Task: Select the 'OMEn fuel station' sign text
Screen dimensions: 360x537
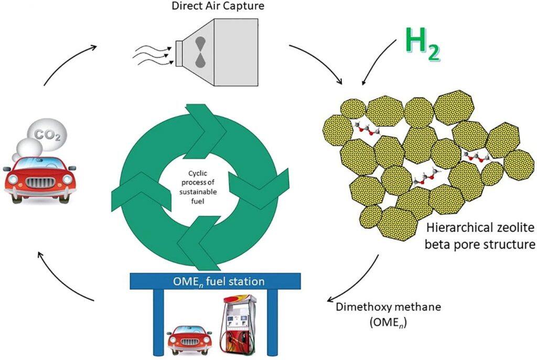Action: [x=219, y=281]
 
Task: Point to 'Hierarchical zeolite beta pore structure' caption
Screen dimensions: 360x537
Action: [x=480, y=237]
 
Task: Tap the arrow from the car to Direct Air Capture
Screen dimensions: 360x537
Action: [x=67, y=60]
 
